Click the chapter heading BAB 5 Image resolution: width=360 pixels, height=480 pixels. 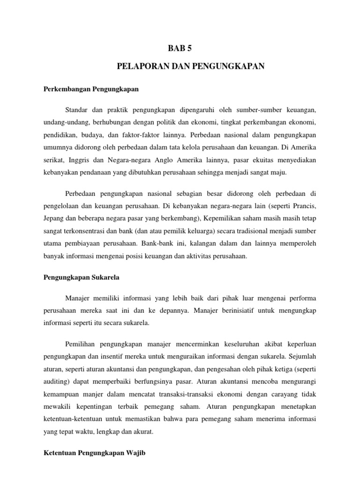[x=180, y=48]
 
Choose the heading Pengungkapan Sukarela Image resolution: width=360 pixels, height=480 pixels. [x=82, y=277]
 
